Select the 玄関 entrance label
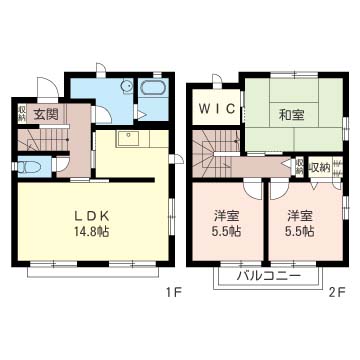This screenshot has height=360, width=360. pyautogui.click(x=45, y=114)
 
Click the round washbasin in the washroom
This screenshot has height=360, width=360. pyautogui.click(x=123, y=87)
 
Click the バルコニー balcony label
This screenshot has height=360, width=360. pyautogui.click(x=268, y=276)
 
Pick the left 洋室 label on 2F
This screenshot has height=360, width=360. pyautogui.click(x=226, y=214)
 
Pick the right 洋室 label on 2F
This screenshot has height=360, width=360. pyautogui.click(x=300, y=214)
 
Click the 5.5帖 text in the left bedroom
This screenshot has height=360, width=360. pyautogui.click(x=226, y=232)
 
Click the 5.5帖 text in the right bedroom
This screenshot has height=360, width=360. pyautogui.click(x=300, y=232)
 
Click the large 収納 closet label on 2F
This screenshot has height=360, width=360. pyautogui.click(x=319, y=167)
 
